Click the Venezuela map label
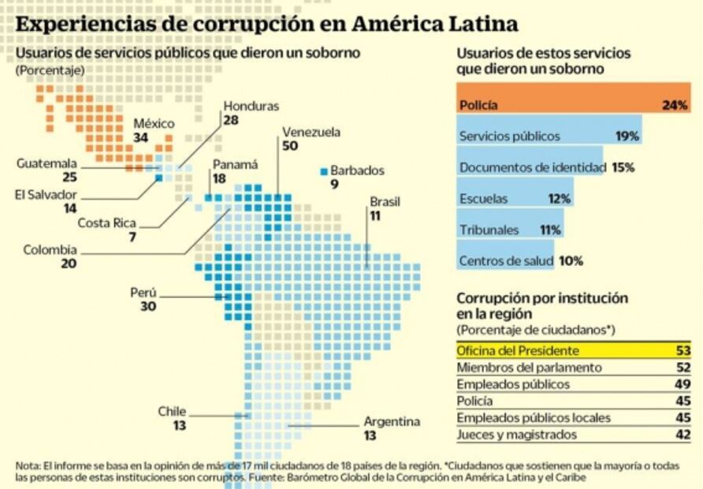(311, 132)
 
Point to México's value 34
(141, 138)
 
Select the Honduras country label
(251, 106)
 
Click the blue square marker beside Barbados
(323, 170)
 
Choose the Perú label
(143, 293)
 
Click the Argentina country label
(392, 422)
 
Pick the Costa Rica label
(106, 223)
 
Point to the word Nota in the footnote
(28, 465)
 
